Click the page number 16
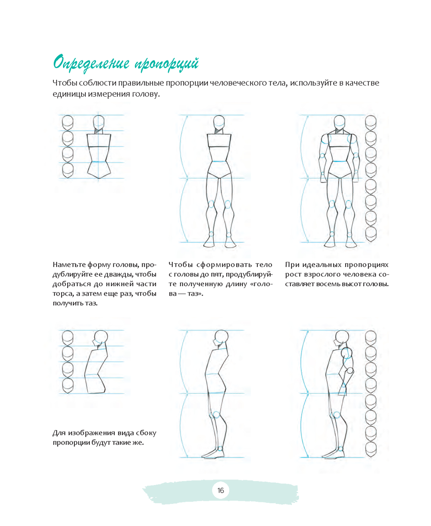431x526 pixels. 221,490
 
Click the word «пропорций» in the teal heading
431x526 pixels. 167,64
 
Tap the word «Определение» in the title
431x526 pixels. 91,63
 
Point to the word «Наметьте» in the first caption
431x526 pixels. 69,265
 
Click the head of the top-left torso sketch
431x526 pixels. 99,122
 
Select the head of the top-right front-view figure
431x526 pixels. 339,122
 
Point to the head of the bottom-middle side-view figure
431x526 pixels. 221,337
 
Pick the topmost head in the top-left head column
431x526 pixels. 68,123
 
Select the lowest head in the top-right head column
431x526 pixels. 371,234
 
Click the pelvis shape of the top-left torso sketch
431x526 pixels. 99,170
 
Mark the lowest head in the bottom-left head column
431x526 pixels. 68,386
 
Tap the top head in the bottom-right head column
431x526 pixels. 371,338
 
